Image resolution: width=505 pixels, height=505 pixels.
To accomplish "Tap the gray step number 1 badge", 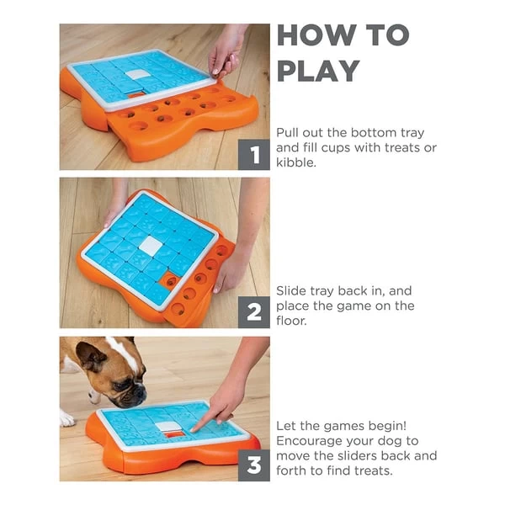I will coord(253,154).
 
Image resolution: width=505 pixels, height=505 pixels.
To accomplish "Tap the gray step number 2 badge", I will coord(253,311).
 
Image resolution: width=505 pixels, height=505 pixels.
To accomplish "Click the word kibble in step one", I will coord(297,162).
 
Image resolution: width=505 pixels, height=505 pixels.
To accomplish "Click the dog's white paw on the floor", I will coord(66,417).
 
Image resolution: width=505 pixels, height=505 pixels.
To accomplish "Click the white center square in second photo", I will coord(151,246).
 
